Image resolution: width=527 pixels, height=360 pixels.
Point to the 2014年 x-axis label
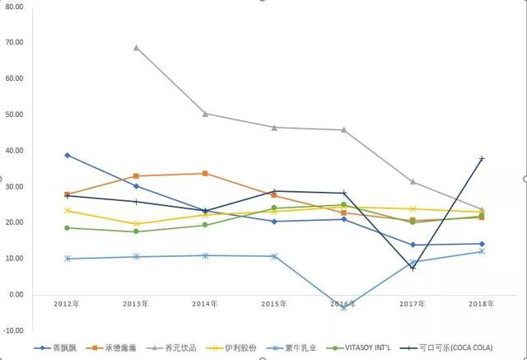click(x=205, y=305)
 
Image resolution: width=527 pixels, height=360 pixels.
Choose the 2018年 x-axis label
click(x=482, y=305)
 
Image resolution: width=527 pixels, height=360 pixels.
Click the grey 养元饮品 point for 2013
click(x=136, y=47)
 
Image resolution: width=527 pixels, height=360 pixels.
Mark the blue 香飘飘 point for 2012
click(x=68, y=155)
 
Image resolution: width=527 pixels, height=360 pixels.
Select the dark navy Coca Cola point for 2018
click(x=482, y=158)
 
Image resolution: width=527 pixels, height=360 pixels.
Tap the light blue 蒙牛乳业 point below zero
click(x=344, y=306)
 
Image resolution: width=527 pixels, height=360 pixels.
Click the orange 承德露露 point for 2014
click(x=205, y=173)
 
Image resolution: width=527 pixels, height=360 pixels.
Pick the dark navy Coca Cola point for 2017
click(x=413, y=268)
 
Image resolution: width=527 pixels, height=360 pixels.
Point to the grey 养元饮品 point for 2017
click(x=413, y=182)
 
